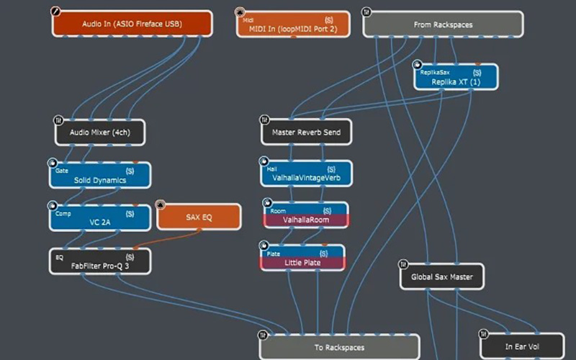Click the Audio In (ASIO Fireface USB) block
point(132,24)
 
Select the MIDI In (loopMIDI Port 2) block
point(293,24)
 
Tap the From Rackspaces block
point(443,24)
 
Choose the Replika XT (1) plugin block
point(456,77)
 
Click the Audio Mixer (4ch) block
point(100,132)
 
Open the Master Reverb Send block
point(307,132)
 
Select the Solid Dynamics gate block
point(100,175)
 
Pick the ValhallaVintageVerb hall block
point(307,174)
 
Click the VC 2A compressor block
point(100,218)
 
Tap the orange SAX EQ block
point(199,217)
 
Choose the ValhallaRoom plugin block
point(306,215)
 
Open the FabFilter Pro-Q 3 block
point(100,261)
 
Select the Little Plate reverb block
point(302,258)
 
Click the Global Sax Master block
point(442,276)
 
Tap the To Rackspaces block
point(339,347)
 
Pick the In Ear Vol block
point(522,346)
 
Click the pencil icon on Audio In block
point(55,12)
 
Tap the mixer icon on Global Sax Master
point(403,264)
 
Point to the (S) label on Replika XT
point(477,73)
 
